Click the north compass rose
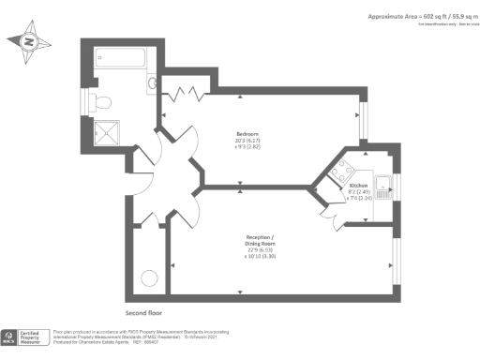click(27, 42)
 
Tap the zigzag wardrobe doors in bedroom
click(192, 92)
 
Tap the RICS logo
click(11, 337)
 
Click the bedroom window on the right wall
click(366, 117)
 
